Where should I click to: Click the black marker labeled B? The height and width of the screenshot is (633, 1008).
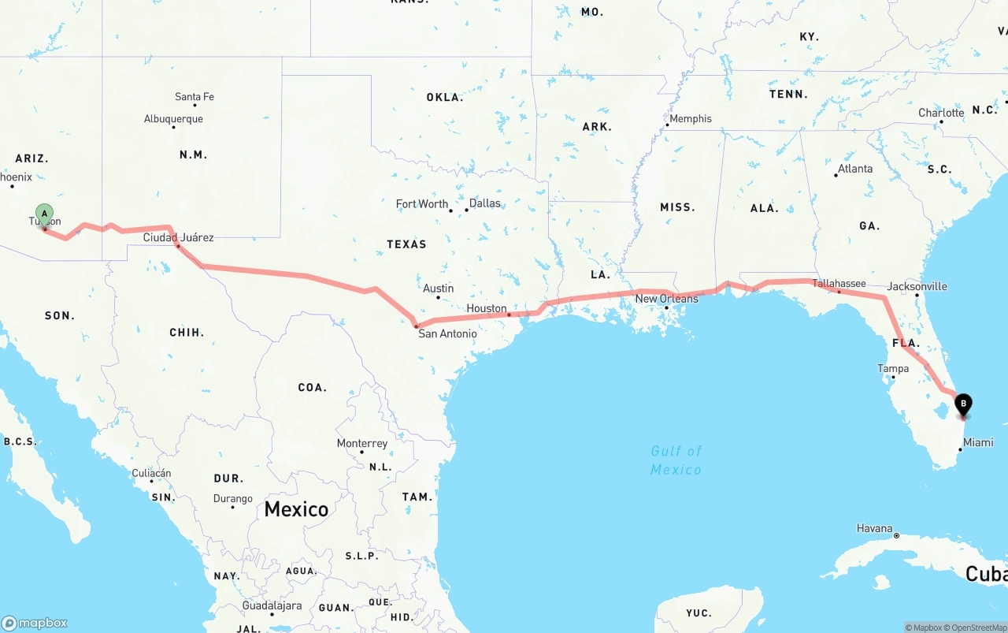963,404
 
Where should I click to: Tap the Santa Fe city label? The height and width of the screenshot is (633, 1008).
195,97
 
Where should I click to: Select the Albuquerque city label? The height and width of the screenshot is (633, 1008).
173,119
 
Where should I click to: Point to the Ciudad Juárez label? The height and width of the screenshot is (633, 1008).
178,237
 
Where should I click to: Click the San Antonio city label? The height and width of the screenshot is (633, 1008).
447,333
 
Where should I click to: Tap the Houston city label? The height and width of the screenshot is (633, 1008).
487,308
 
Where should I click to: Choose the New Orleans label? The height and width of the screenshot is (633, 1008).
666,299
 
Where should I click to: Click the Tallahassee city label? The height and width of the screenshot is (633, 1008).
839,283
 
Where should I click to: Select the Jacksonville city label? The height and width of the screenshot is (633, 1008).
917,286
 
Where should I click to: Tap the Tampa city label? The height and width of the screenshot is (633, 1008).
893,368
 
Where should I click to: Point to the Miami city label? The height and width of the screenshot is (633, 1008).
978,442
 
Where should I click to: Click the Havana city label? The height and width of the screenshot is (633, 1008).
875,528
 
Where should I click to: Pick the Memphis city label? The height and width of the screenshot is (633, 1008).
691,118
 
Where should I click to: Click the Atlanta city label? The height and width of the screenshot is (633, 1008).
855,169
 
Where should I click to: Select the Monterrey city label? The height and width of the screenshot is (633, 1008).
362,443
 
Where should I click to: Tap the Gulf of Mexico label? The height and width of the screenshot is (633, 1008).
676,460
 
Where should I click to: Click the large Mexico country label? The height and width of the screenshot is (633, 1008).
296,509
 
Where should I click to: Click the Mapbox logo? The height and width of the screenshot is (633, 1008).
35,623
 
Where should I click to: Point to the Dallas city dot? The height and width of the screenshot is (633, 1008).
467,210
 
